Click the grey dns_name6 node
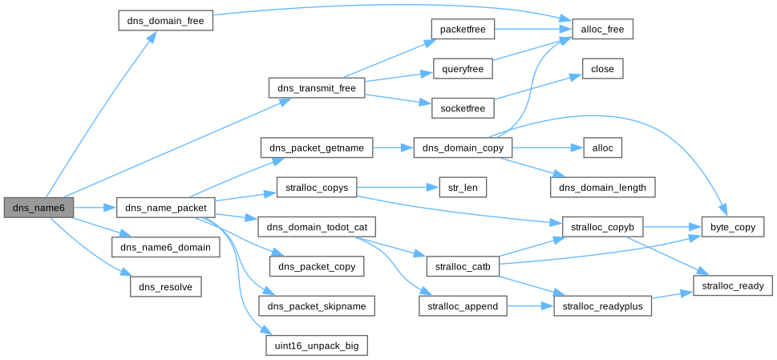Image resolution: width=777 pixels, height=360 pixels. pos(38,208)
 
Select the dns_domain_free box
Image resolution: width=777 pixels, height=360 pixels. pos(165,20)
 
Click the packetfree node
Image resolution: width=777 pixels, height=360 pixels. pos(462,28)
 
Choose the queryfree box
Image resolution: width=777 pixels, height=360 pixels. pos(462,68)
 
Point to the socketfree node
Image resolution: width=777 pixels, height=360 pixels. pos(462,107)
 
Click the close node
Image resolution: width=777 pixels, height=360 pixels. pos(602,69)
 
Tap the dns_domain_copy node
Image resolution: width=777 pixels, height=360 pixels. pos(462,148)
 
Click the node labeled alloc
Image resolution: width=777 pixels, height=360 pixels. pos(602,148)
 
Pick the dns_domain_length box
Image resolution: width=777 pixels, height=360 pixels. pos(602,187)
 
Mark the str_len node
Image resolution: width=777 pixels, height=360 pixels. pos(462,188)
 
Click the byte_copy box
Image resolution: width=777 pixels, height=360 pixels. pos(733,227)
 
